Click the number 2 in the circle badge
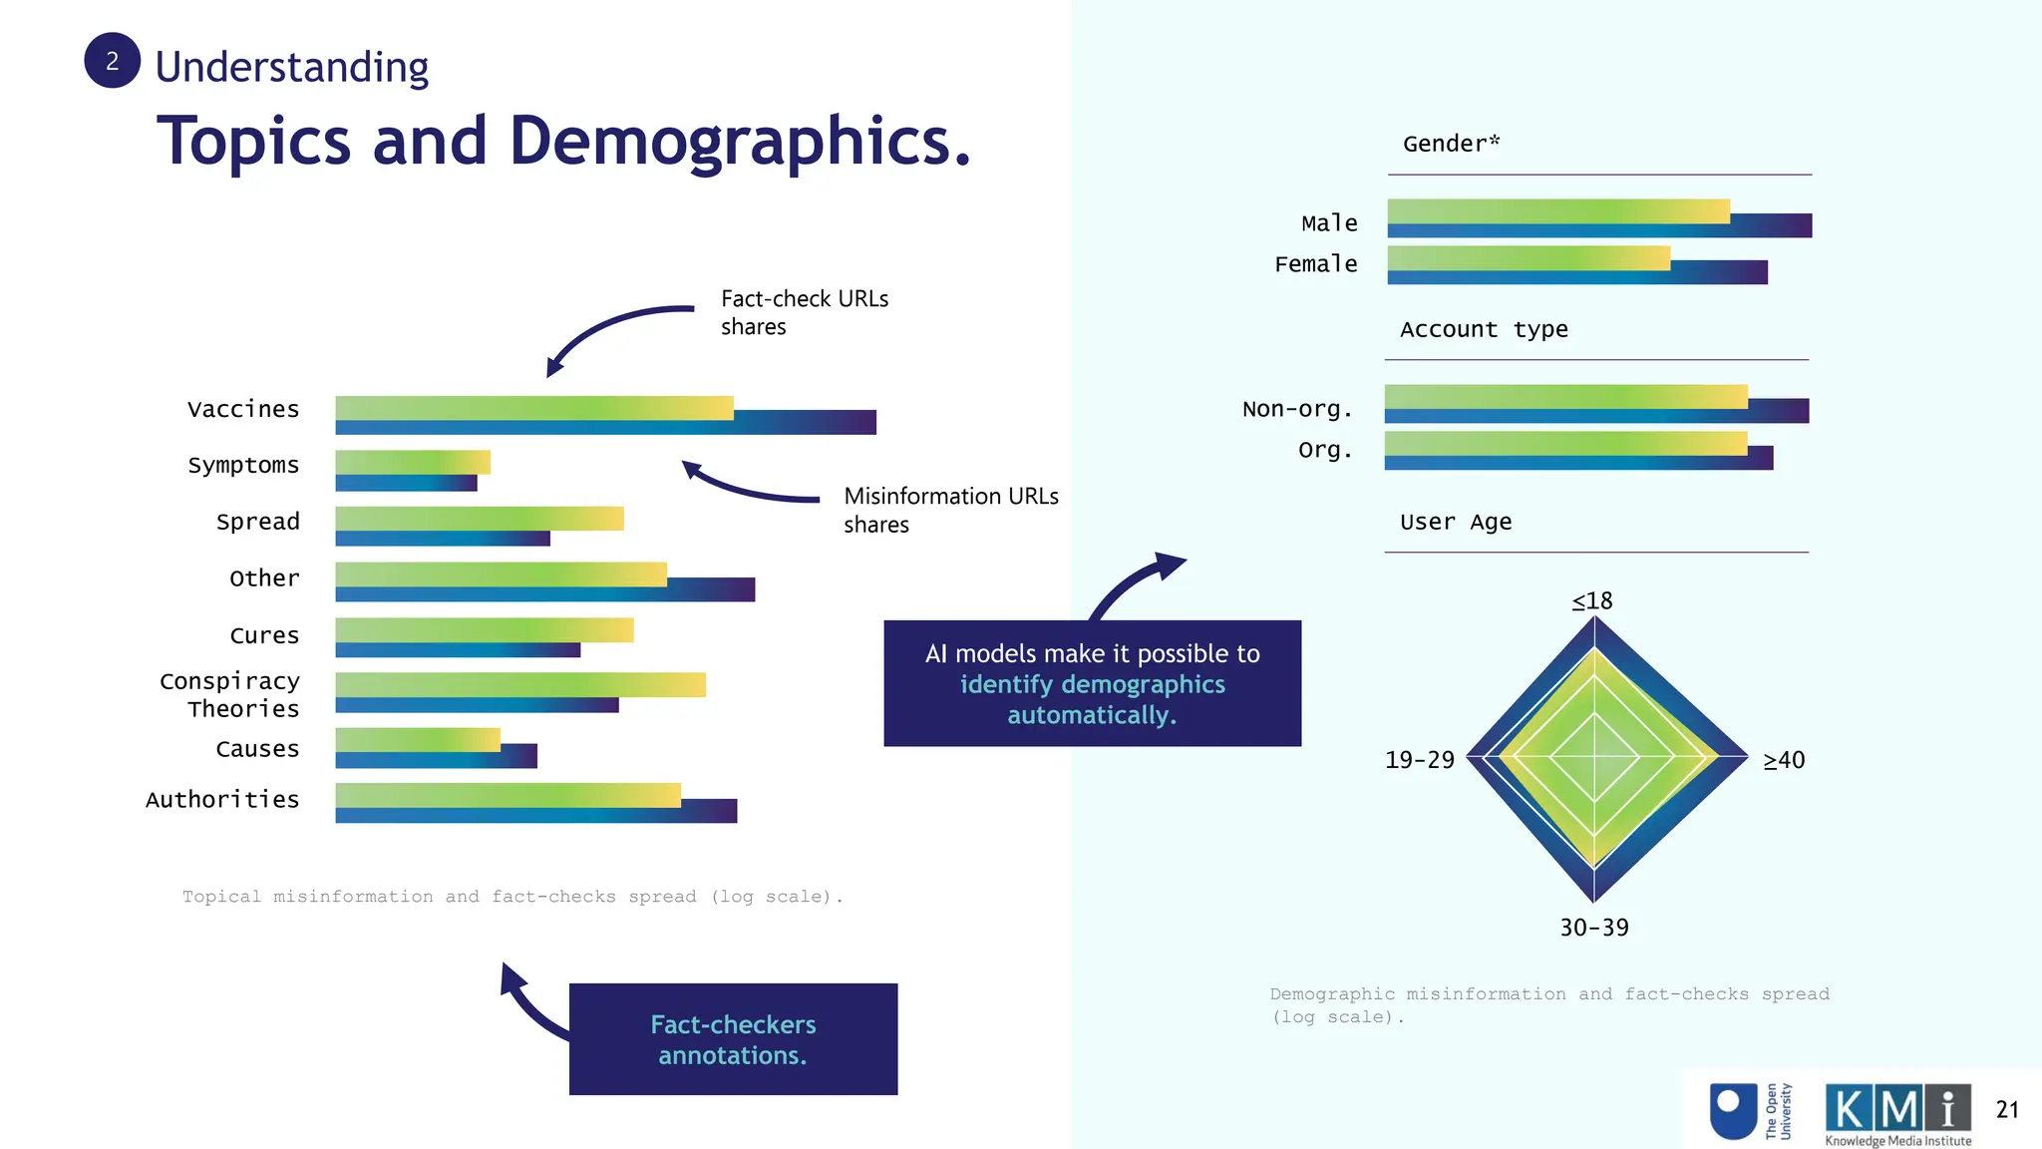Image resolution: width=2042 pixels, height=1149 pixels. [x=112, y=61]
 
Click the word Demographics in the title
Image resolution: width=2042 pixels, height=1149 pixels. [x=739, y=141]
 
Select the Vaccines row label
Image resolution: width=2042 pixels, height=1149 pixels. [x=243, y=409]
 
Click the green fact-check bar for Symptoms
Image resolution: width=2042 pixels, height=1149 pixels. [x=412, y=462]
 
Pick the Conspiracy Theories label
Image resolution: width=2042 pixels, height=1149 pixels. [x=229, y=694]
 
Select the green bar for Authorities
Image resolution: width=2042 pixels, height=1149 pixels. [x=508, y=795]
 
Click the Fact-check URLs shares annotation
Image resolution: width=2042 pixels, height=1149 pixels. [x=804, y=312]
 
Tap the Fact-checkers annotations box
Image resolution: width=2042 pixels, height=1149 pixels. [x=733, y=1039]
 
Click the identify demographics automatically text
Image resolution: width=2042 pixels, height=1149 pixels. [x=1092, y=699]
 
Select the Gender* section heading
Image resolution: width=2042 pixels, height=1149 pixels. [x=1451, y=144]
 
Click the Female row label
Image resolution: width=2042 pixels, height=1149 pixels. [x=1315, y=264]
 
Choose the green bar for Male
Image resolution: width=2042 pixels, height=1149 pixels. [x=1557, y=210]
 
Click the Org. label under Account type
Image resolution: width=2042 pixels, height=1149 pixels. [x=1325, y=450]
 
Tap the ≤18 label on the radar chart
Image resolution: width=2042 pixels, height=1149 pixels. [x=1592, y=600]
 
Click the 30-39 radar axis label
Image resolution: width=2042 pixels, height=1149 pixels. [x=1593, y=928]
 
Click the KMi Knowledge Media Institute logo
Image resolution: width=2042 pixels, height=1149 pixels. [x=1897, y=1114]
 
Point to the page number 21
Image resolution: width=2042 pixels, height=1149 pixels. [x=2006, y=1109]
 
